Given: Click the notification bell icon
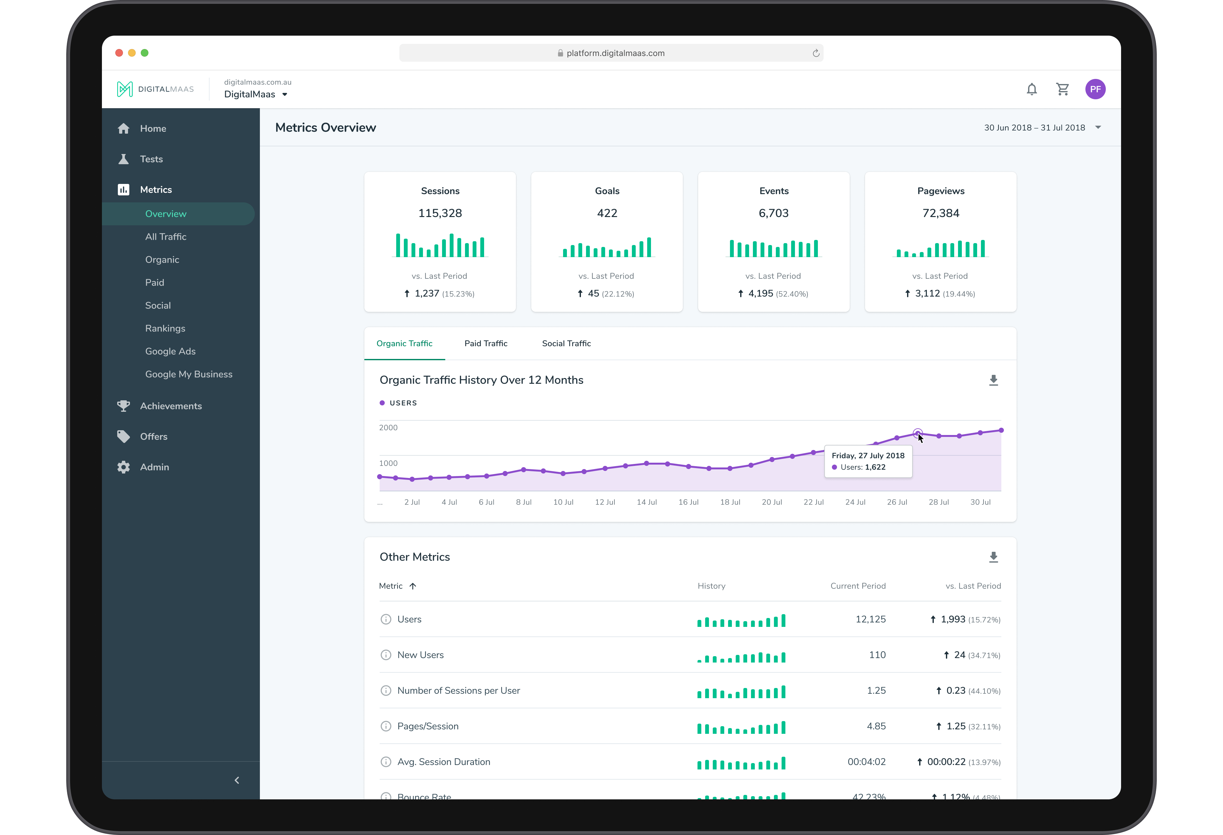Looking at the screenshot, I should click(x=1032, y=89).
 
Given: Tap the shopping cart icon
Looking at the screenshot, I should click(x=1062, y=89).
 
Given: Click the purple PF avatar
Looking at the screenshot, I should click(x=1095, y=89).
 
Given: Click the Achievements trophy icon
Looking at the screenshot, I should click(x=124, y=406).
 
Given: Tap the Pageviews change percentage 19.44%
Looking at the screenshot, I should click(x=959, y=294).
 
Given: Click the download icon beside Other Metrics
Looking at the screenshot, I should click(x=993, y=558).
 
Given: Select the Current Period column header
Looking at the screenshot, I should click(x=858, y=586).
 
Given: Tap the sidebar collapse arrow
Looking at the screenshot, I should click(x=237, y=780).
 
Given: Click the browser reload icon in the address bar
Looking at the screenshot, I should click(x=816, y=53).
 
